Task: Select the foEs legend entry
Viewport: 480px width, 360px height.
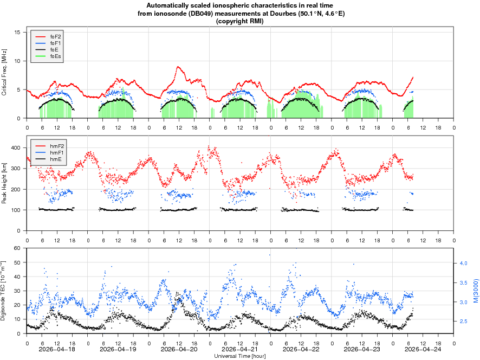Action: pyautogui.click(x=55, y=56)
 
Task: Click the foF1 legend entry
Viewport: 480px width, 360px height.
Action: pyautogui.click(x=55, y=42)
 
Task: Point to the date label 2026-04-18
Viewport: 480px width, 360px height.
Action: pyautogui.click(x=57, y=349)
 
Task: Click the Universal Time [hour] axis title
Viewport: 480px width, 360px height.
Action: pyautogui.click(x=240, y=356)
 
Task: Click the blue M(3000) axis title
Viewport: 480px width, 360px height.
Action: pyautogui.click(x=475, y=291)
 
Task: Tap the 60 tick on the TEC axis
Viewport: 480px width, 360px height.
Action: pyautogui.click(x=17, y=248)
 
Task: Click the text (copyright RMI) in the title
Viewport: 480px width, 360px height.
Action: pyautogui.click(x=240, y=21)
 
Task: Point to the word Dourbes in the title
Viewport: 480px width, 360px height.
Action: pyautogui.click(x=282, y=14)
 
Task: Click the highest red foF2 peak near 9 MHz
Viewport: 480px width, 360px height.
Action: pyautogui.click(x=178, y=67)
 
